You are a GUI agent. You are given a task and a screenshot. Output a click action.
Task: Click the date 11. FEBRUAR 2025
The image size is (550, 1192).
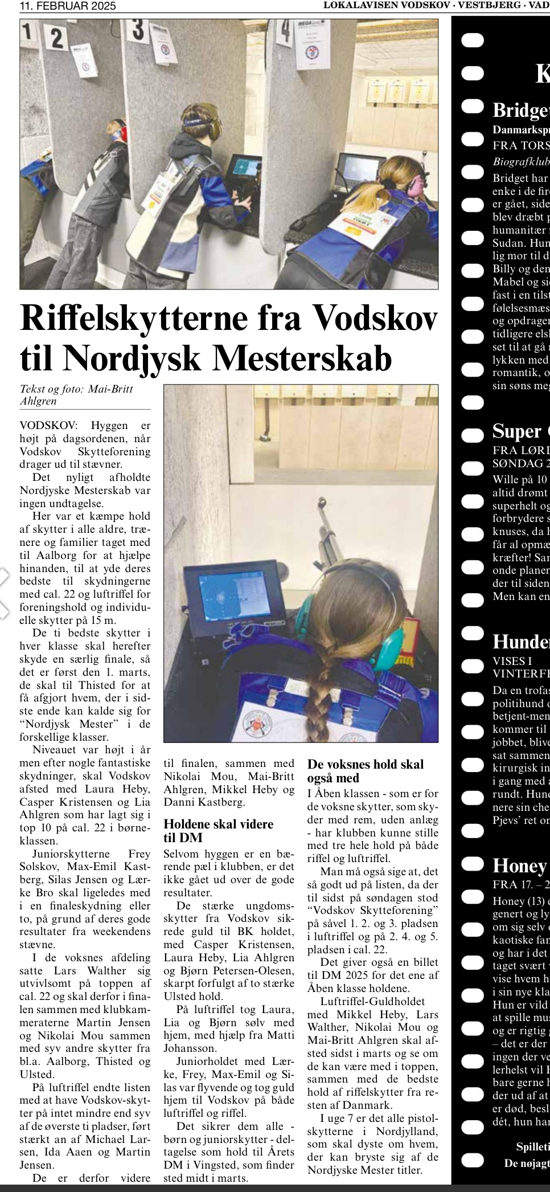pos(68,6)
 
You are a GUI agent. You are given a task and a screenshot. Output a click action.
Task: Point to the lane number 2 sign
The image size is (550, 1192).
pos(56,38)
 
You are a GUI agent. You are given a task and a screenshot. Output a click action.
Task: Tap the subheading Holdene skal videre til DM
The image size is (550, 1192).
pos(219,831)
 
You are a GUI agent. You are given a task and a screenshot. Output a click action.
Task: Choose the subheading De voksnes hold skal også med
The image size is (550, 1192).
pos(365,771)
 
